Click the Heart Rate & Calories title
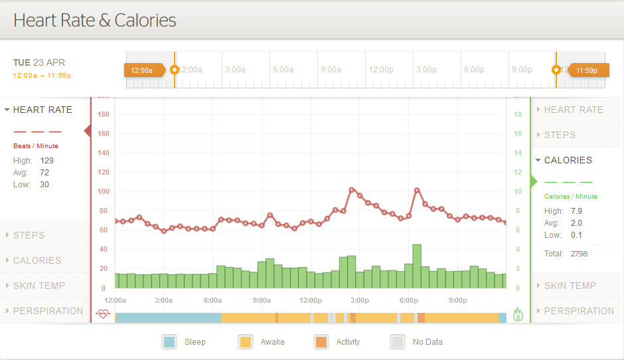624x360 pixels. point(95,20)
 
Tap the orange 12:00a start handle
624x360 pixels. point(143,70)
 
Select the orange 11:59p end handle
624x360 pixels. point(586,70)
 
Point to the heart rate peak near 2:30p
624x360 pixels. point(352,190)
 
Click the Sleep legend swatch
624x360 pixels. point(169,342)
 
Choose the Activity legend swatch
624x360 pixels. point(321,342)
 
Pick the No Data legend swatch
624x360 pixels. point(397,342)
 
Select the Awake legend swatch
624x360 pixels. point(246,342)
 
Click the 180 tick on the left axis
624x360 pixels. point(103,114)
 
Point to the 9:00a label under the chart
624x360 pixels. point(262,300)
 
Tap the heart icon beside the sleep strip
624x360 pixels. point(103,314)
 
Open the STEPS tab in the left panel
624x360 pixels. point(29,235)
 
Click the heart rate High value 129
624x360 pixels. point(46,161)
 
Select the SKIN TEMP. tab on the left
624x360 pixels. point(40,286)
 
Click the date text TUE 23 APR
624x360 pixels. point(39,62)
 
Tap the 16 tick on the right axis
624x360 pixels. point(518,134)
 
